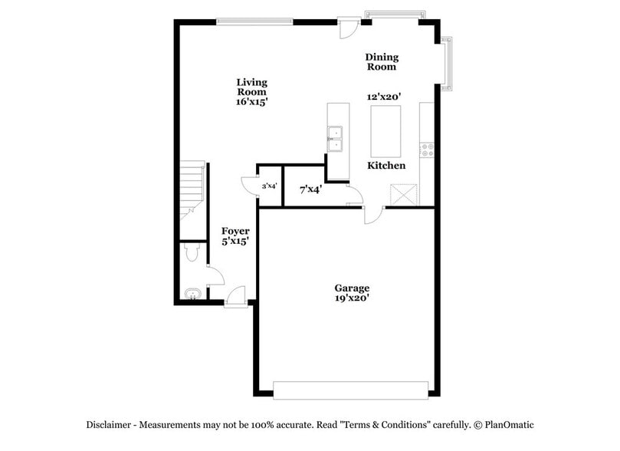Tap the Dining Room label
[381, 61]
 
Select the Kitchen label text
[386, 166]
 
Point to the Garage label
[352, 288]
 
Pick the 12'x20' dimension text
[385, 97]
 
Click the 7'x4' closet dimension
[310, 189]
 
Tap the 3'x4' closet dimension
[269, 186]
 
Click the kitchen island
[386, 130]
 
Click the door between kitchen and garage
[373, 215]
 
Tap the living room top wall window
[255, 21]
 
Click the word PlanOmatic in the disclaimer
[507, 424]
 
